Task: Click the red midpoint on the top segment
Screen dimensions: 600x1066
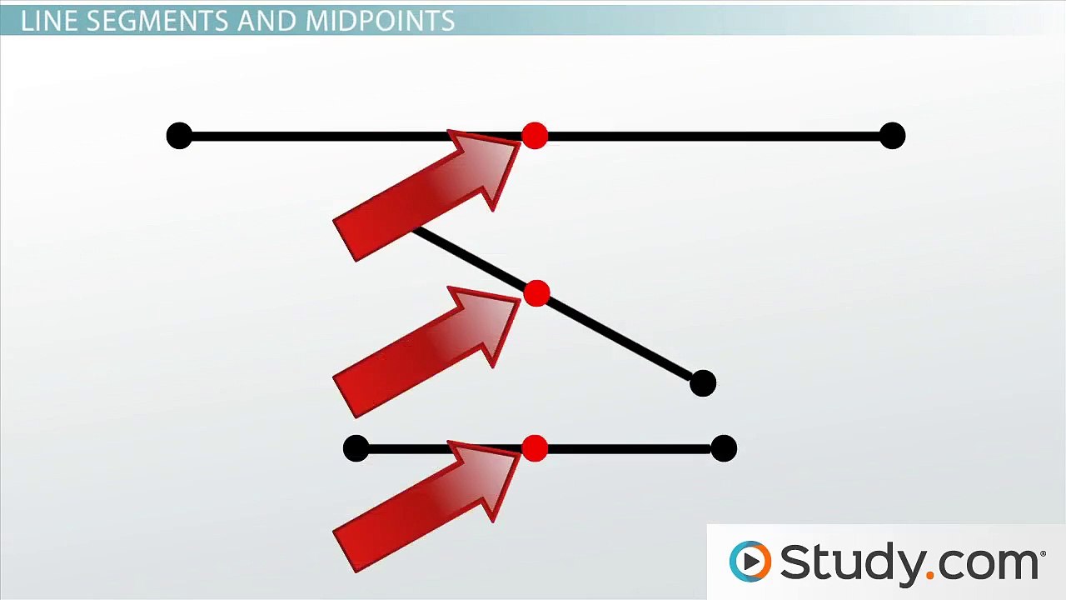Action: click(x=535, y=136)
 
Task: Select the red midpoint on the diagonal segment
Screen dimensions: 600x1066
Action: click(x=537, y=293)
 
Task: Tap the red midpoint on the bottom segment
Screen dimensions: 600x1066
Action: click(x=535, y=449)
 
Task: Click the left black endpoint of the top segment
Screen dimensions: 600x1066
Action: click(x=179, y=136)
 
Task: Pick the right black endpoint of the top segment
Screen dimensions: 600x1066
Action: click(x=892, y=136)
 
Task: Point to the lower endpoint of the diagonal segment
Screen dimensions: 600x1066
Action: click(x=703, y=383)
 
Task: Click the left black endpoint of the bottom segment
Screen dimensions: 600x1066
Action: click(x=356, y=449)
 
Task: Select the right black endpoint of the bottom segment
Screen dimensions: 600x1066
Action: click(x=724, y=449)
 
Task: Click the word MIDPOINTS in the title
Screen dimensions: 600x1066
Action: click(x=381, y=21)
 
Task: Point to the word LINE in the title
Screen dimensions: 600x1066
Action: click(x=48, y=21)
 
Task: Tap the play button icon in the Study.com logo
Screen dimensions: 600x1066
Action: click(x=750, y=561)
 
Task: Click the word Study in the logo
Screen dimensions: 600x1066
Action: click(x=849, y=562)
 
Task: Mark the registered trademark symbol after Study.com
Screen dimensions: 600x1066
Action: click(x=1043, y=552)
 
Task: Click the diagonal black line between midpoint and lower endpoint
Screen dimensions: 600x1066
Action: click(x=620, y=338)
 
